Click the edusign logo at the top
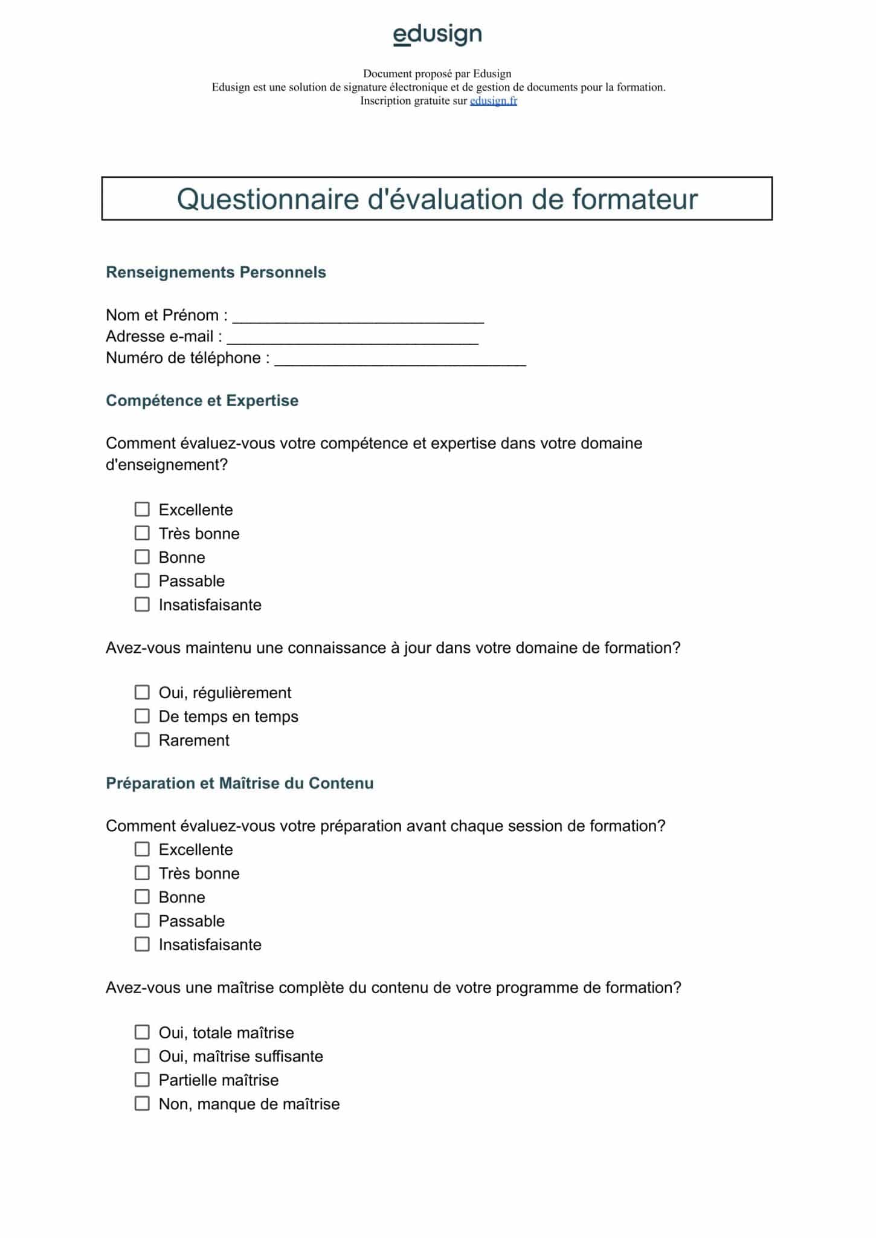pyautogui.click(x=437, y=34)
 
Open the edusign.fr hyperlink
pyautogui.click(x=493, y=101)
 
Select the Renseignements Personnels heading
pyautogui.click(x=216, y=272)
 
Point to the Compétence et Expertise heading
pyautogui.click(x=202, y=401)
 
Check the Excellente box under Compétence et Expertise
pyautogui.click(x=142, y=510)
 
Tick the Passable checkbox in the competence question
pyautogui.click(x=142, y=581)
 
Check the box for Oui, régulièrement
pyautogui.click(x=142, y=692)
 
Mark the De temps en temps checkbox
pyautogui.click(x=142, y=716)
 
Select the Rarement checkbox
pyautogui.click(x=142, y=740)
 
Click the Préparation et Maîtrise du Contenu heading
pyautogui.click(x=239, y=783)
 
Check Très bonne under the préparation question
pyautogui.click(x=142, y=873)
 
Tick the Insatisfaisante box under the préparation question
pyautogui.click(x=142, y=944)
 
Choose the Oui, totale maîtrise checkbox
pyautogui.click(x=142, y=1032)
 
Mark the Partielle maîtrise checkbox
pyautogui.click(x=142, y=1080)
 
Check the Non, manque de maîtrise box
pyautogui.click(x=142, y=1104)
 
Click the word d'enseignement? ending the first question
pyautogui.click(x=166, y=465)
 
